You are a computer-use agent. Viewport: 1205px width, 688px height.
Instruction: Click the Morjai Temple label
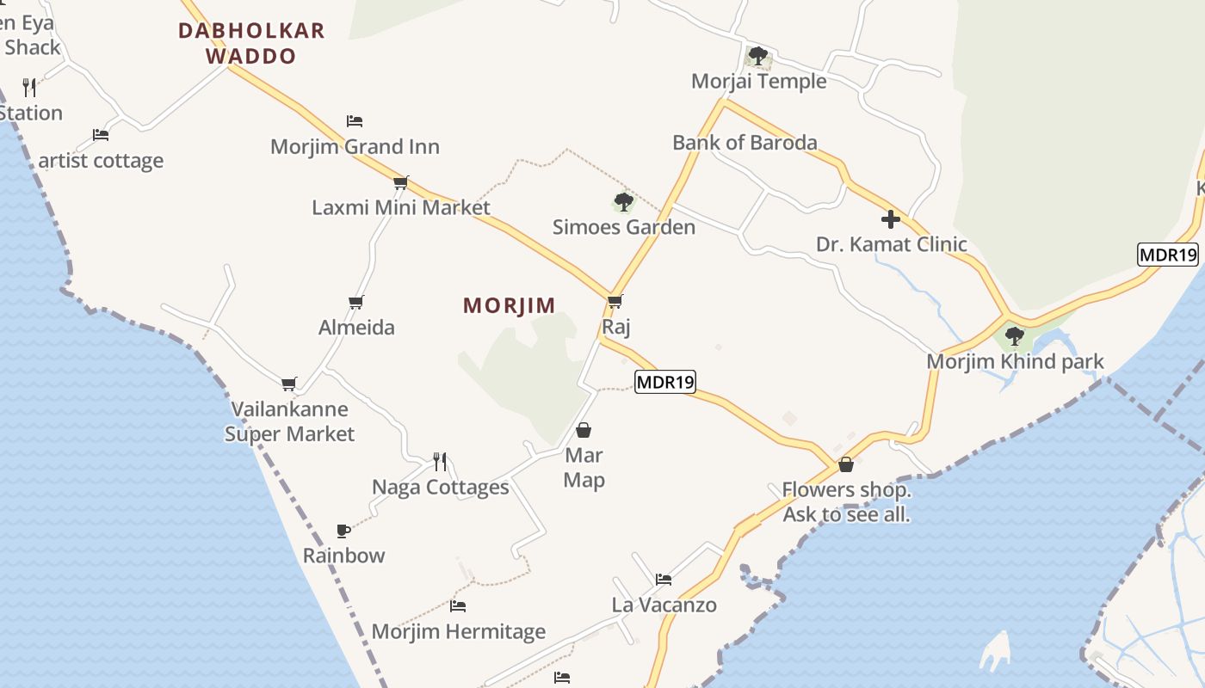coord(758,81)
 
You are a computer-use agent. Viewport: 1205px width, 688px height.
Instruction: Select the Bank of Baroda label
coord(745,142)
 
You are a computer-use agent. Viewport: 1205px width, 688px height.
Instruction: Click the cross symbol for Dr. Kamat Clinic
coord(891,219)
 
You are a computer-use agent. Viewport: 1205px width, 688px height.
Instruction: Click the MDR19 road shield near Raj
coord(664,381)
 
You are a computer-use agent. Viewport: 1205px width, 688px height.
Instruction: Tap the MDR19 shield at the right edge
coord(1168,255)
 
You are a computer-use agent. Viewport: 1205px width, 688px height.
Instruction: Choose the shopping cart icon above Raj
coord(615,302)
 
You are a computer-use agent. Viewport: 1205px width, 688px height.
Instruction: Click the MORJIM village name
coord(509,305)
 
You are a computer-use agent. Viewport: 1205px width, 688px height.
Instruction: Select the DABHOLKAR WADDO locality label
coord(251,44)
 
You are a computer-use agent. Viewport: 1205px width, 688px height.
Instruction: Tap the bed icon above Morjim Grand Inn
coord(355,121)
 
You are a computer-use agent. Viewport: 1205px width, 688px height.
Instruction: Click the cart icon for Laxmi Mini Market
coord(400,182)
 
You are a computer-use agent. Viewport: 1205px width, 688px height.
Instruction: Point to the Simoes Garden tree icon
coord(623,203)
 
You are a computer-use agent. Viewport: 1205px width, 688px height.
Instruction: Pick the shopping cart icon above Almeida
coord(355,302)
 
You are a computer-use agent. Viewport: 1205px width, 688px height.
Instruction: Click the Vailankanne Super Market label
coord(289,421)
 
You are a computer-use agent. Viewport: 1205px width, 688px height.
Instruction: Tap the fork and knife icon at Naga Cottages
coord(440,462)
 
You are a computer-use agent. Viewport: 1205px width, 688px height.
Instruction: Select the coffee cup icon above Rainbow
coord(343,531)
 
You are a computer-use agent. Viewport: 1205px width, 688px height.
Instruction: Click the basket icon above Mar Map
coord(584,430)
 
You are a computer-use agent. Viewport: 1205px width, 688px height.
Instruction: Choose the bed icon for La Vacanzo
coord(663,580)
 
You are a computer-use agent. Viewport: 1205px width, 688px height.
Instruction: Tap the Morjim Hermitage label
coord(458,632)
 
